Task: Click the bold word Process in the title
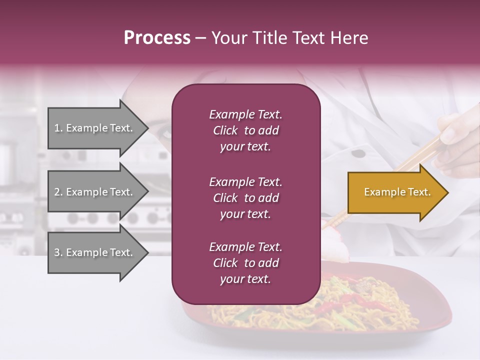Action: tap(157, 38)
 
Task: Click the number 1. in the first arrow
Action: tap(58, 128)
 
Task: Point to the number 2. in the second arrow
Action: tap(58, 192)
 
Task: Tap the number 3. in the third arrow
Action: tap(58, 252)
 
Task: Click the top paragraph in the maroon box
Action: tap(245, 130)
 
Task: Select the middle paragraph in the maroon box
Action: tap(245, 198)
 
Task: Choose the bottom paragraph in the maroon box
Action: tap(245, 263)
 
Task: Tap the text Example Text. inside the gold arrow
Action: tap(397, 192)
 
